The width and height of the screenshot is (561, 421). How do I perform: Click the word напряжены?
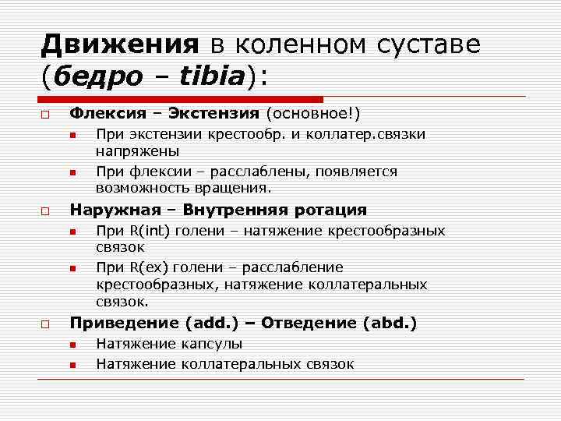click(x=138, y=151)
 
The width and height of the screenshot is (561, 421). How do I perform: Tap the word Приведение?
click(x=125, y=323)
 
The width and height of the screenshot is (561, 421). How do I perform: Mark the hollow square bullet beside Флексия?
click(x=45, y=115)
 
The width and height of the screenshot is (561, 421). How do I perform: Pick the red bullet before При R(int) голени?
click(x=72, y=232)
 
